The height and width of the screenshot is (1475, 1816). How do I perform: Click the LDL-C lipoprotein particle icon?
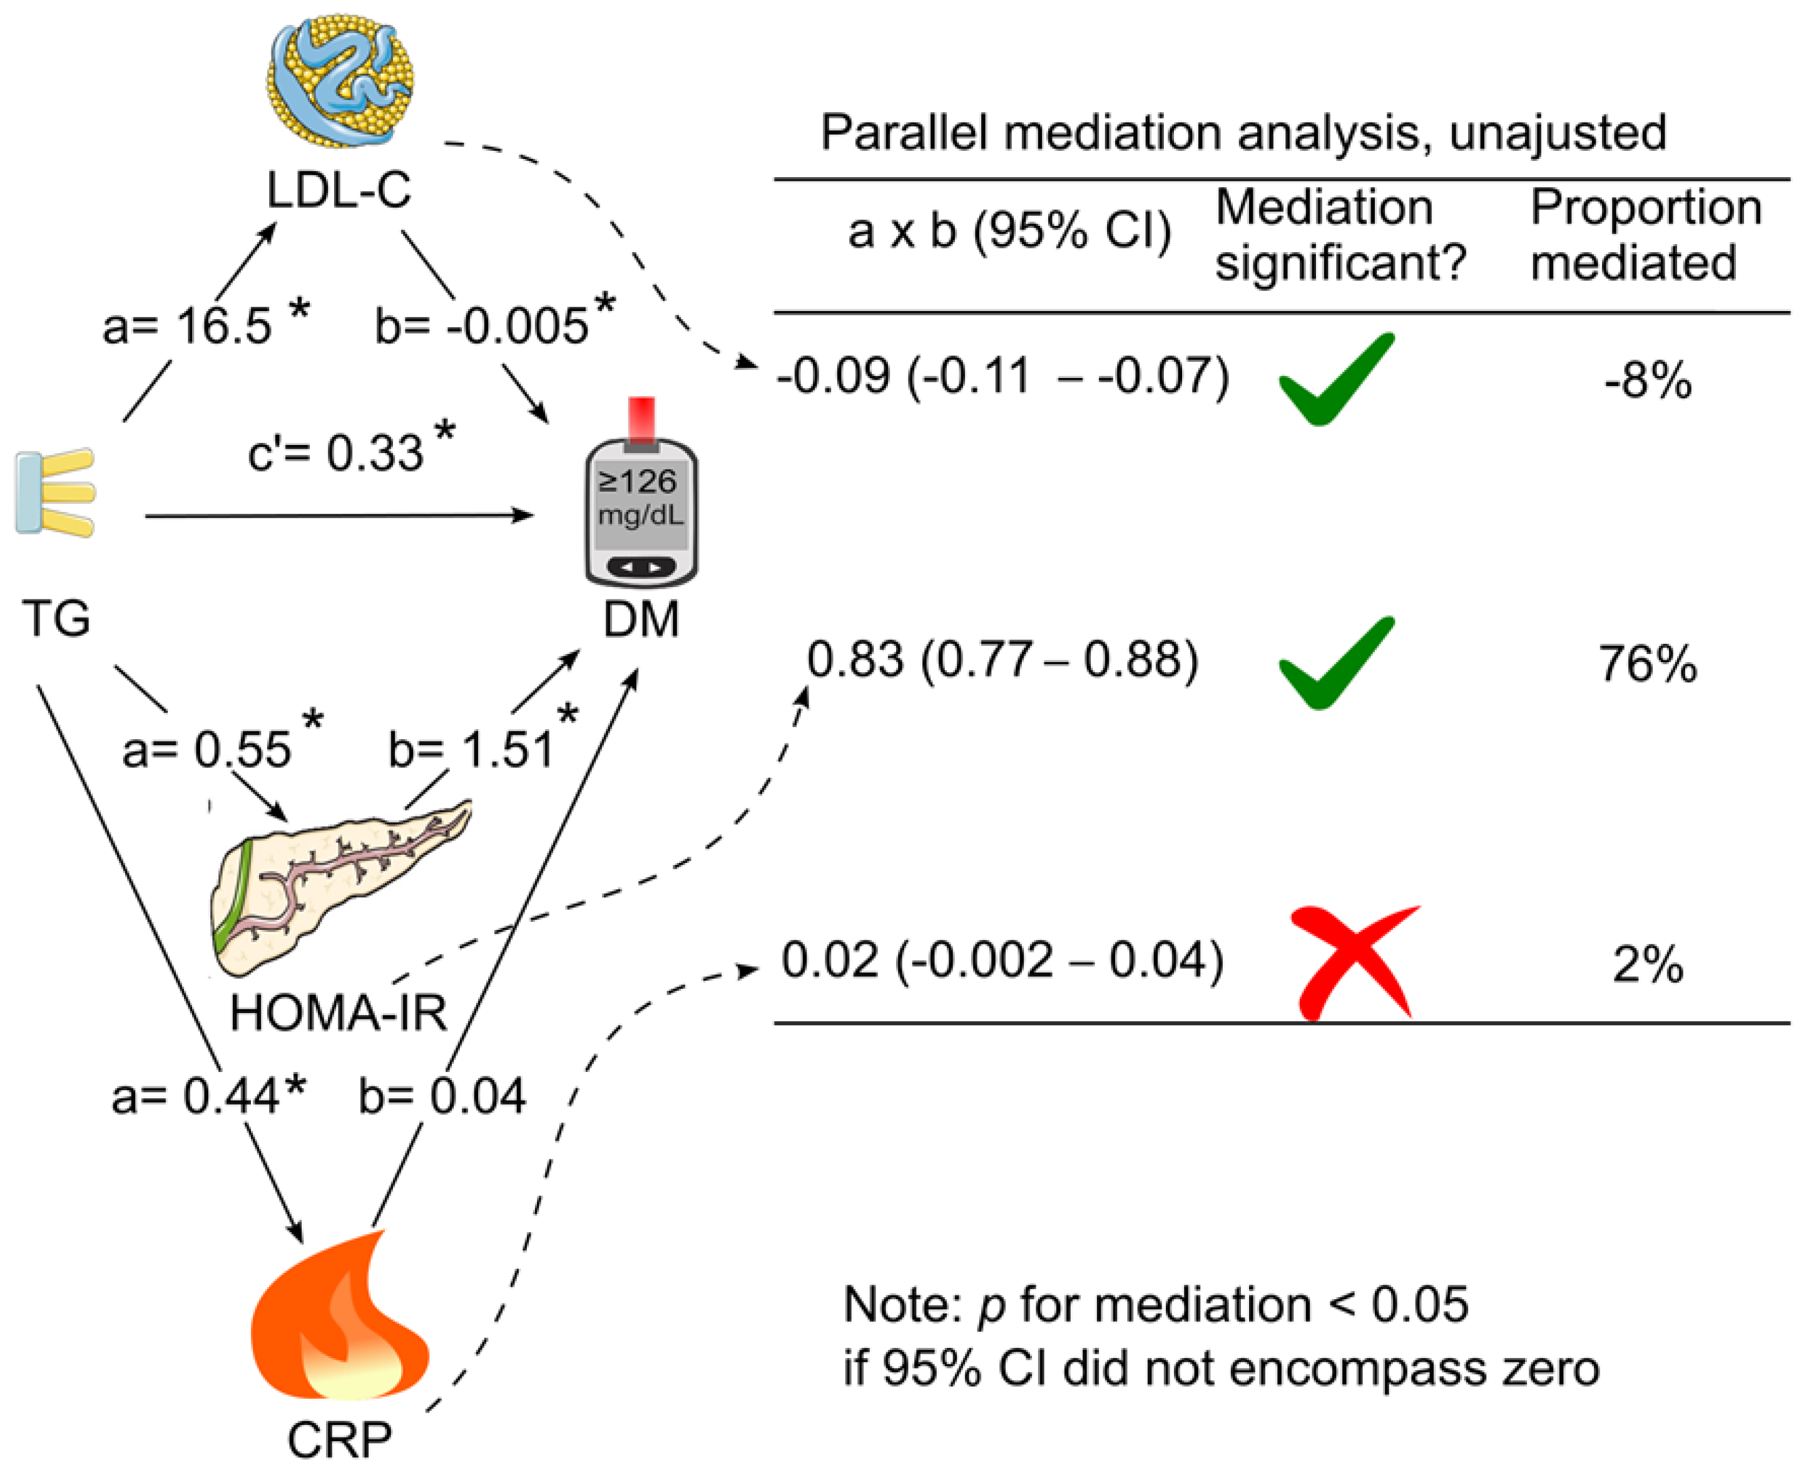(x=340, y=80)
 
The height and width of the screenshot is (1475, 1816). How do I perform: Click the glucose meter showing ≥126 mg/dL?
(x=641, y=510)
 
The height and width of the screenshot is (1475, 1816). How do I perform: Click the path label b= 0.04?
(x=442, y=1095)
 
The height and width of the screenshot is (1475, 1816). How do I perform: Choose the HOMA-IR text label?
(x=338, y=1013)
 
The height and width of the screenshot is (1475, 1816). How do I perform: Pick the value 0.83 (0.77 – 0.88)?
(x=1002, y=660)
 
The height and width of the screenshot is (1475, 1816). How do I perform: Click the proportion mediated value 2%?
(x=1648, y=964)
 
